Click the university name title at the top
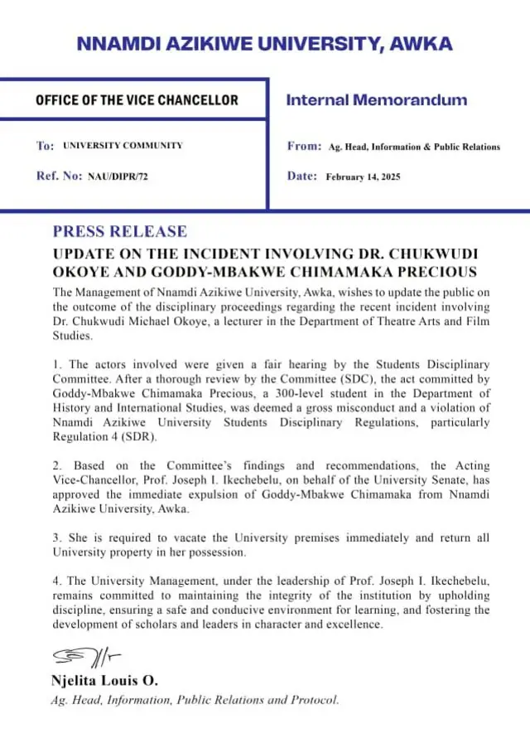[x=265, y=44]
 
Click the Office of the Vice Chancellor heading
[x=137, y=101]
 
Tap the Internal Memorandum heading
[x=376, y=101]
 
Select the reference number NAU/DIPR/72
[x=118, y=176]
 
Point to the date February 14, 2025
[x=363, y=176]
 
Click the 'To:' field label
[x=46, y=146]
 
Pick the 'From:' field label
[x=304, y=146]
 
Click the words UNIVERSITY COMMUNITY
[x=123, y=146]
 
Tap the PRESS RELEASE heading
[x=120, y=231]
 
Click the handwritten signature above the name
[x=87, y=659]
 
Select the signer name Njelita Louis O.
[x=105, y=682]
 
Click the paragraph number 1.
[x=56, y=365]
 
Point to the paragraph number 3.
[x=56, y=538]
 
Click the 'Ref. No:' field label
[x=60, y=176]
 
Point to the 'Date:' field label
[x=302, y=176]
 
